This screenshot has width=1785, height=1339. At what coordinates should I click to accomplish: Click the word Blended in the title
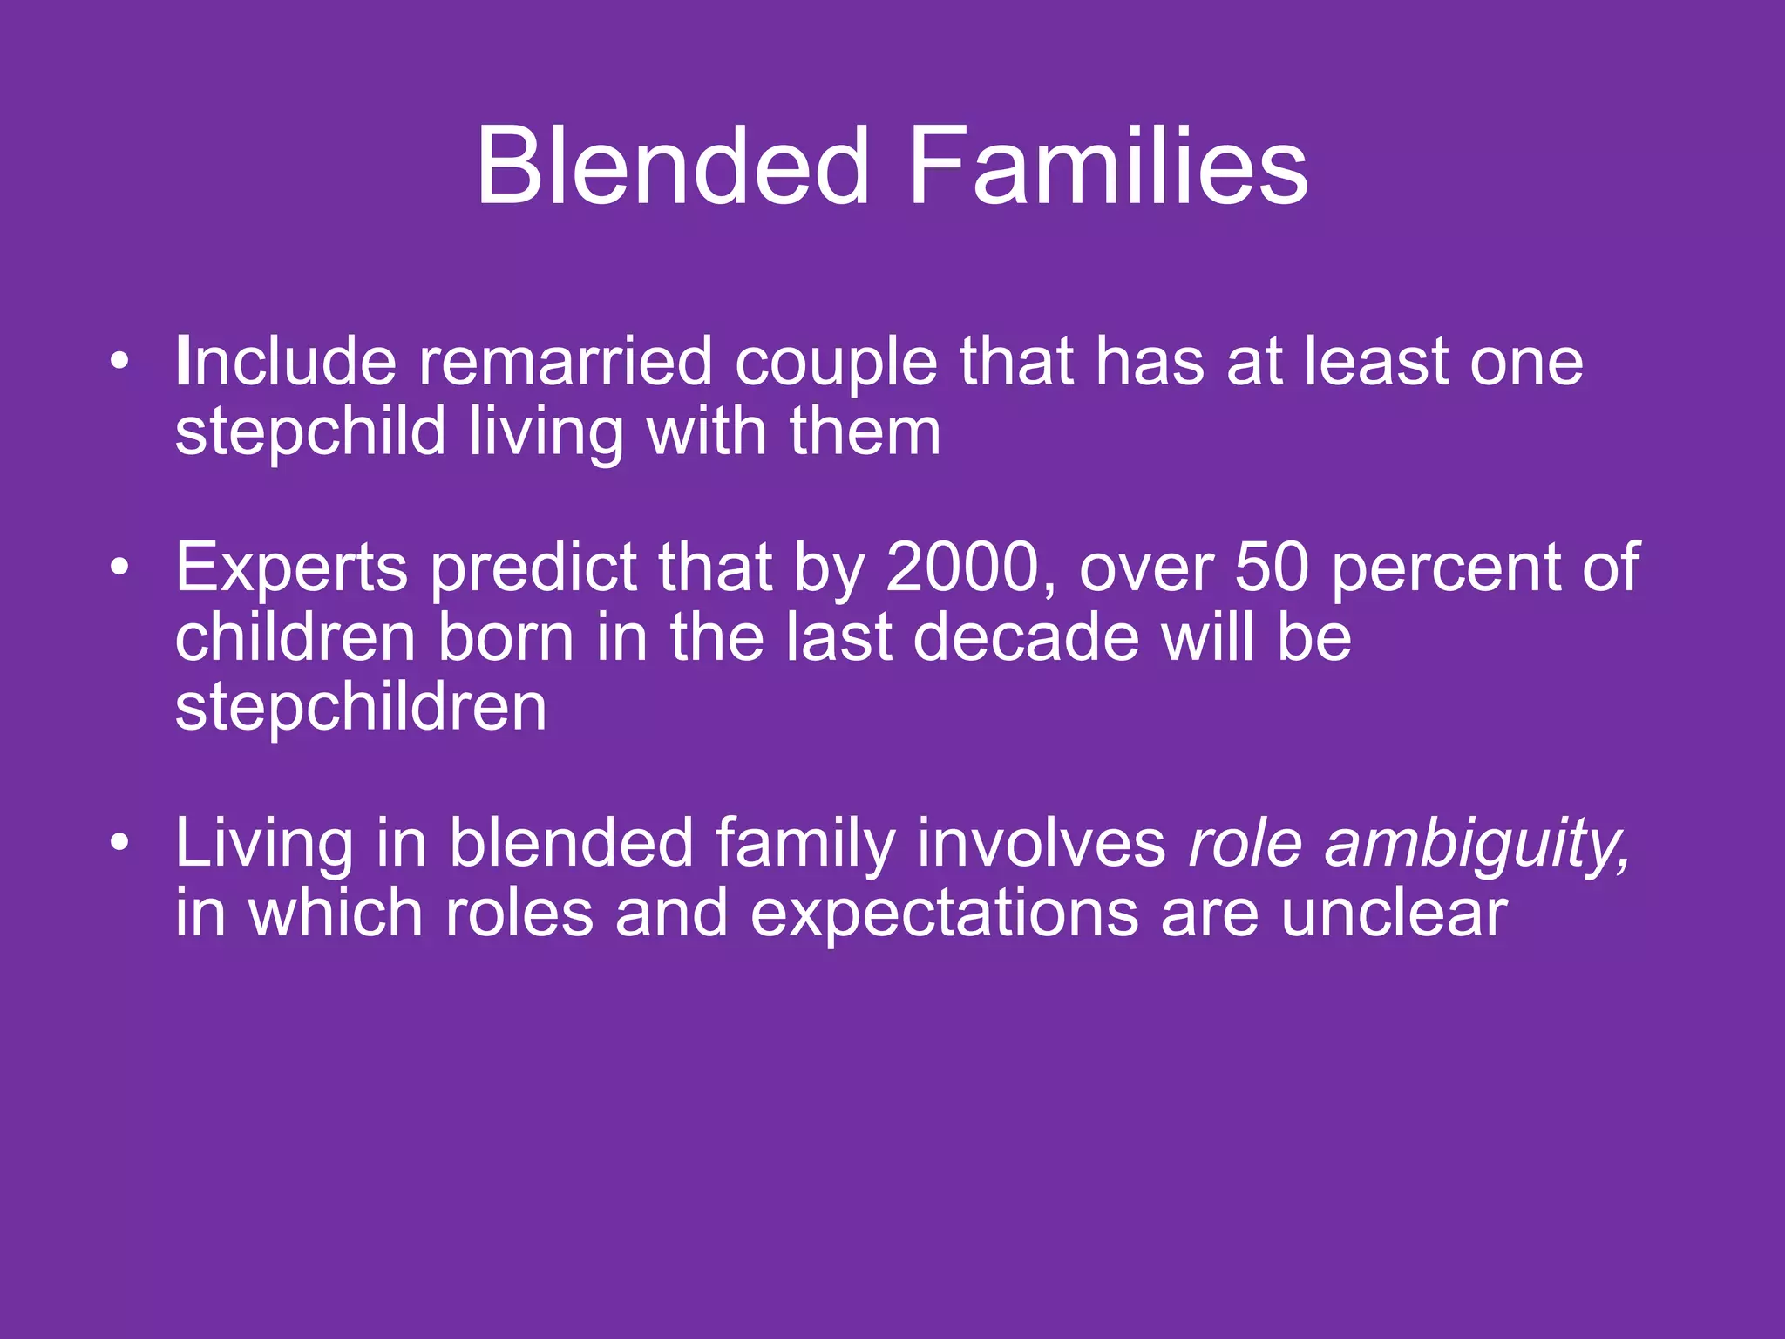click(x=672, y=166)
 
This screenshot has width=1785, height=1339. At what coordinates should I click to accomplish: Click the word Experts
click(x=291, y=568)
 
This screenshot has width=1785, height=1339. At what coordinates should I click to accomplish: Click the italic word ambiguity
click(x=1476, y=844)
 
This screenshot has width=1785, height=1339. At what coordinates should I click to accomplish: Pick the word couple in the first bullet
click(x=836, y=363)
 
